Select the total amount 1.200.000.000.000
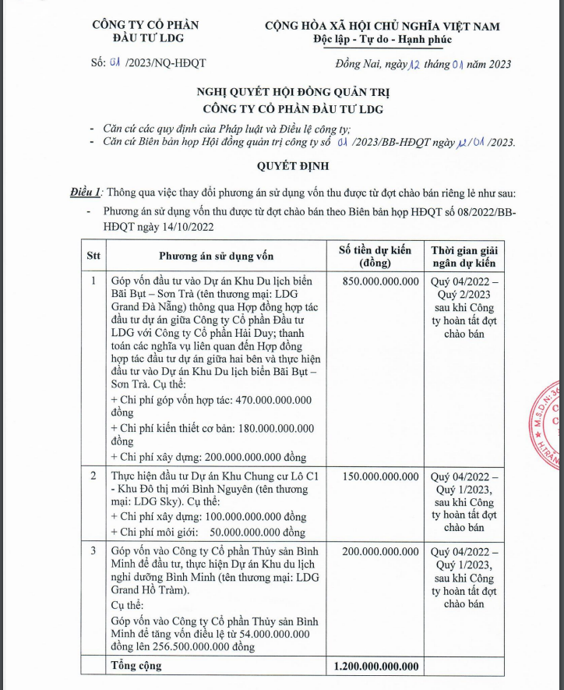(x=375, y=666)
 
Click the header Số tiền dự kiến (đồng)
(x=375, y=256)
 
